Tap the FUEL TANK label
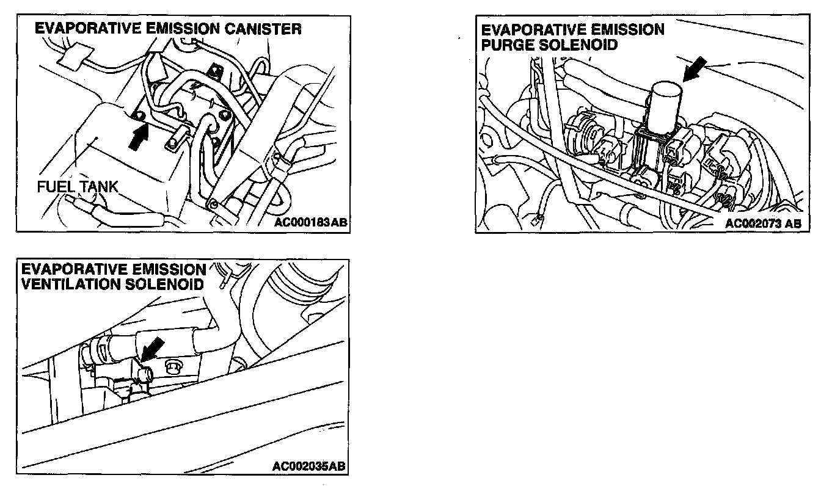coord(77,187)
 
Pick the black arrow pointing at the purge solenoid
coord(696,69)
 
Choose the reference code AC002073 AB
coord(763,223)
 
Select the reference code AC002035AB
coord(309,467)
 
